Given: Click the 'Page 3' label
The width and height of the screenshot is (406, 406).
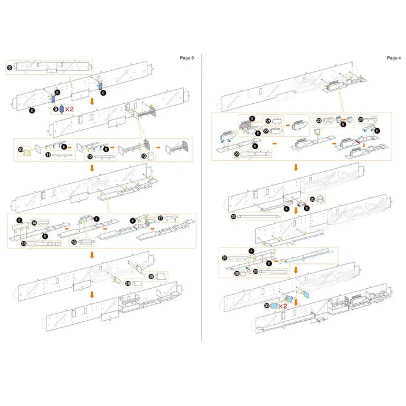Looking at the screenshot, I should tap(187, 58).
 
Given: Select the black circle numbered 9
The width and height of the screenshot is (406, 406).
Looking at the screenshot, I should tap(56, 108).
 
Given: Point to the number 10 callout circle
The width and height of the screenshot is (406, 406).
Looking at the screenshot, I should tap(21, 150).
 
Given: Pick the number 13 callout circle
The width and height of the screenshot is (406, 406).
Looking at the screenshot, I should tap(144, 155).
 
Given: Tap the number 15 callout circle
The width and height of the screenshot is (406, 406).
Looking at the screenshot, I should tap(23, 244).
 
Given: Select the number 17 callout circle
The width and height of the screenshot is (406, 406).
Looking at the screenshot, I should tap(161, 218).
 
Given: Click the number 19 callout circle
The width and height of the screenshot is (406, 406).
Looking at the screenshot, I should tap(151, 277).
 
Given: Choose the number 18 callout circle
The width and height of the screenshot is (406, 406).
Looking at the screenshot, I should tap(128, 283).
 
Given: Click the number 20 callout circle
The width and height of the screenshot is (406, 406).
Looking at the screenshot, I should tap(237, 154).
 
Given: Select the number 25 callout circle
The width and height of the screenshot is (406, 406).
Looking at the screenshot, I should tap(233, 216).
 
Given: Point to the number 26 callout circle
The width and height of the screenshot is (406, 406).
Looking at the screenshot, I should tap(313, 199).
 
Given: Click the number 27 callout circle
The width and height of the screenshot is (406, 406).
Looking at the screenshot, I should tap(224, 258).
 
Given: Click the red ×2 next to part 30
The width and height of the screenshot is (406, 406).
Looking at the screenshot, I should tap(282, 305).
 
